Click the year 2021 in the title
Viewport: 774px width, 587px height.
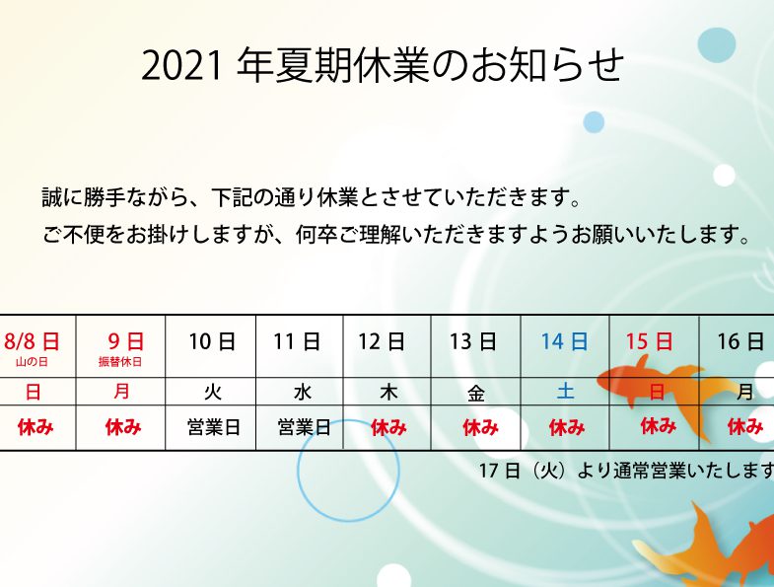[x=180, y=66]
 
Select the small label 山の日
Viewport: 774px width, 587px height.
[x=32, y=362]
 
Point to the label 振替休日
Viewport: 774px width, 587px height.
[x=120, y=362]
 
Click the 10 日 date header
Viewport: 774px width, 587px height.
[x=212, y=341]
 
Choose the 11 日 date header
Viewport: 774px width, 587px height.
[x=297, y=341]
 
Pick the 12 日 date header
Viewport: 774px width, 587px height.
[x=381, y=341]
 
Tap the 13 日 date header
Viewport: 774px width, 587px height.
[x=472, y=341]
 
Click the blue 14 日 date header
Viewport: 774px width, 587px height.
[x=564, y=341]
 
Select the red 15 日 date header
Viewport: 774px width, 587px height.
[x=649, y=341]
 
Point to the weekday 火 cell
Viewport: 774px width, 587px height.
[x=212, y=393]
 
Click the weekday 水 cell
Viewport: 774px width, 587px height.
[x=302, y=393]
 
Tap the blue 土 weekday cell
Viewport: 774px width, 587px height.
[x=566, y=392]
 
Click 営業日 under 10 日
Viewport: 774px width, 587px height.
[x=214, y=427]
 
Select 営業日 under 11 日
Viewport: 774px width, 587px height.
[x=304, y=427]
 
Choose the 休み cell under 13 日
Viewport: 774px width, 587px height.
[x=480, y=427]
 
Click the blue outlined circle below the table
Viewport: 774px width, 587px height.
[x=348, y=521]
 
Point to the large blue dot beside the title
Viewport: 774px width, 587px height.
[x=717, y=45]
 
